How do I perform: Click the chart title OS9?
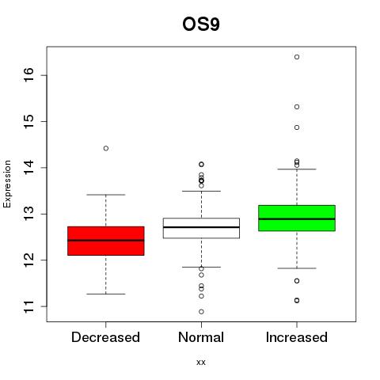(201, 25)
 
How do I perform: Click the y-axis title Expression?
(7, 184)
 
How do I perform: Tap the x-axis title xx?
(201, 362)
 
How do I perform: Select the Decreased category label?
(105, 337)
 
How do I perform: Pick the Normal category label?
(201, 337)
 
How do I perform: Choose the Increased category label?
(297, 337)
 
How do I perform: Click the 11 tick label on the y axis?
(28, 306)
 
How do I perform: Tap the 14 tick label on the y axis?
(28, 168)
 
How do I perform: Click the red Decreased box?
(106, 241)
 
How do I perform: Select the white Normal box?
(201, 228)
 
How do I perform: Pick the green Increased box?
(297, 218)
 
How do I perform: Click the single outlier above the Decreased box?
(106, 148)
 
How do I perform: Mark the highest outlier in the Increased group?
(297, 57)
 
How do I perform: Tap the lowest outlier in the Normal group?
(201, 312)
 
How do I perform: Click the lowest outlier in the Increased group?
(297, 300)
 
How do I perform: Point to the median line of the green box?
(297, 219)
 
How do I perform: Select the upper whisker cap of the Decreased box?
(106, 195)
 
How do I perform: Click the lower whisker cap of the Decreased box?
(106, 294)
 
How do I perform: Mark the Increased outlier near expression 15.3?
(297, 107)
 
